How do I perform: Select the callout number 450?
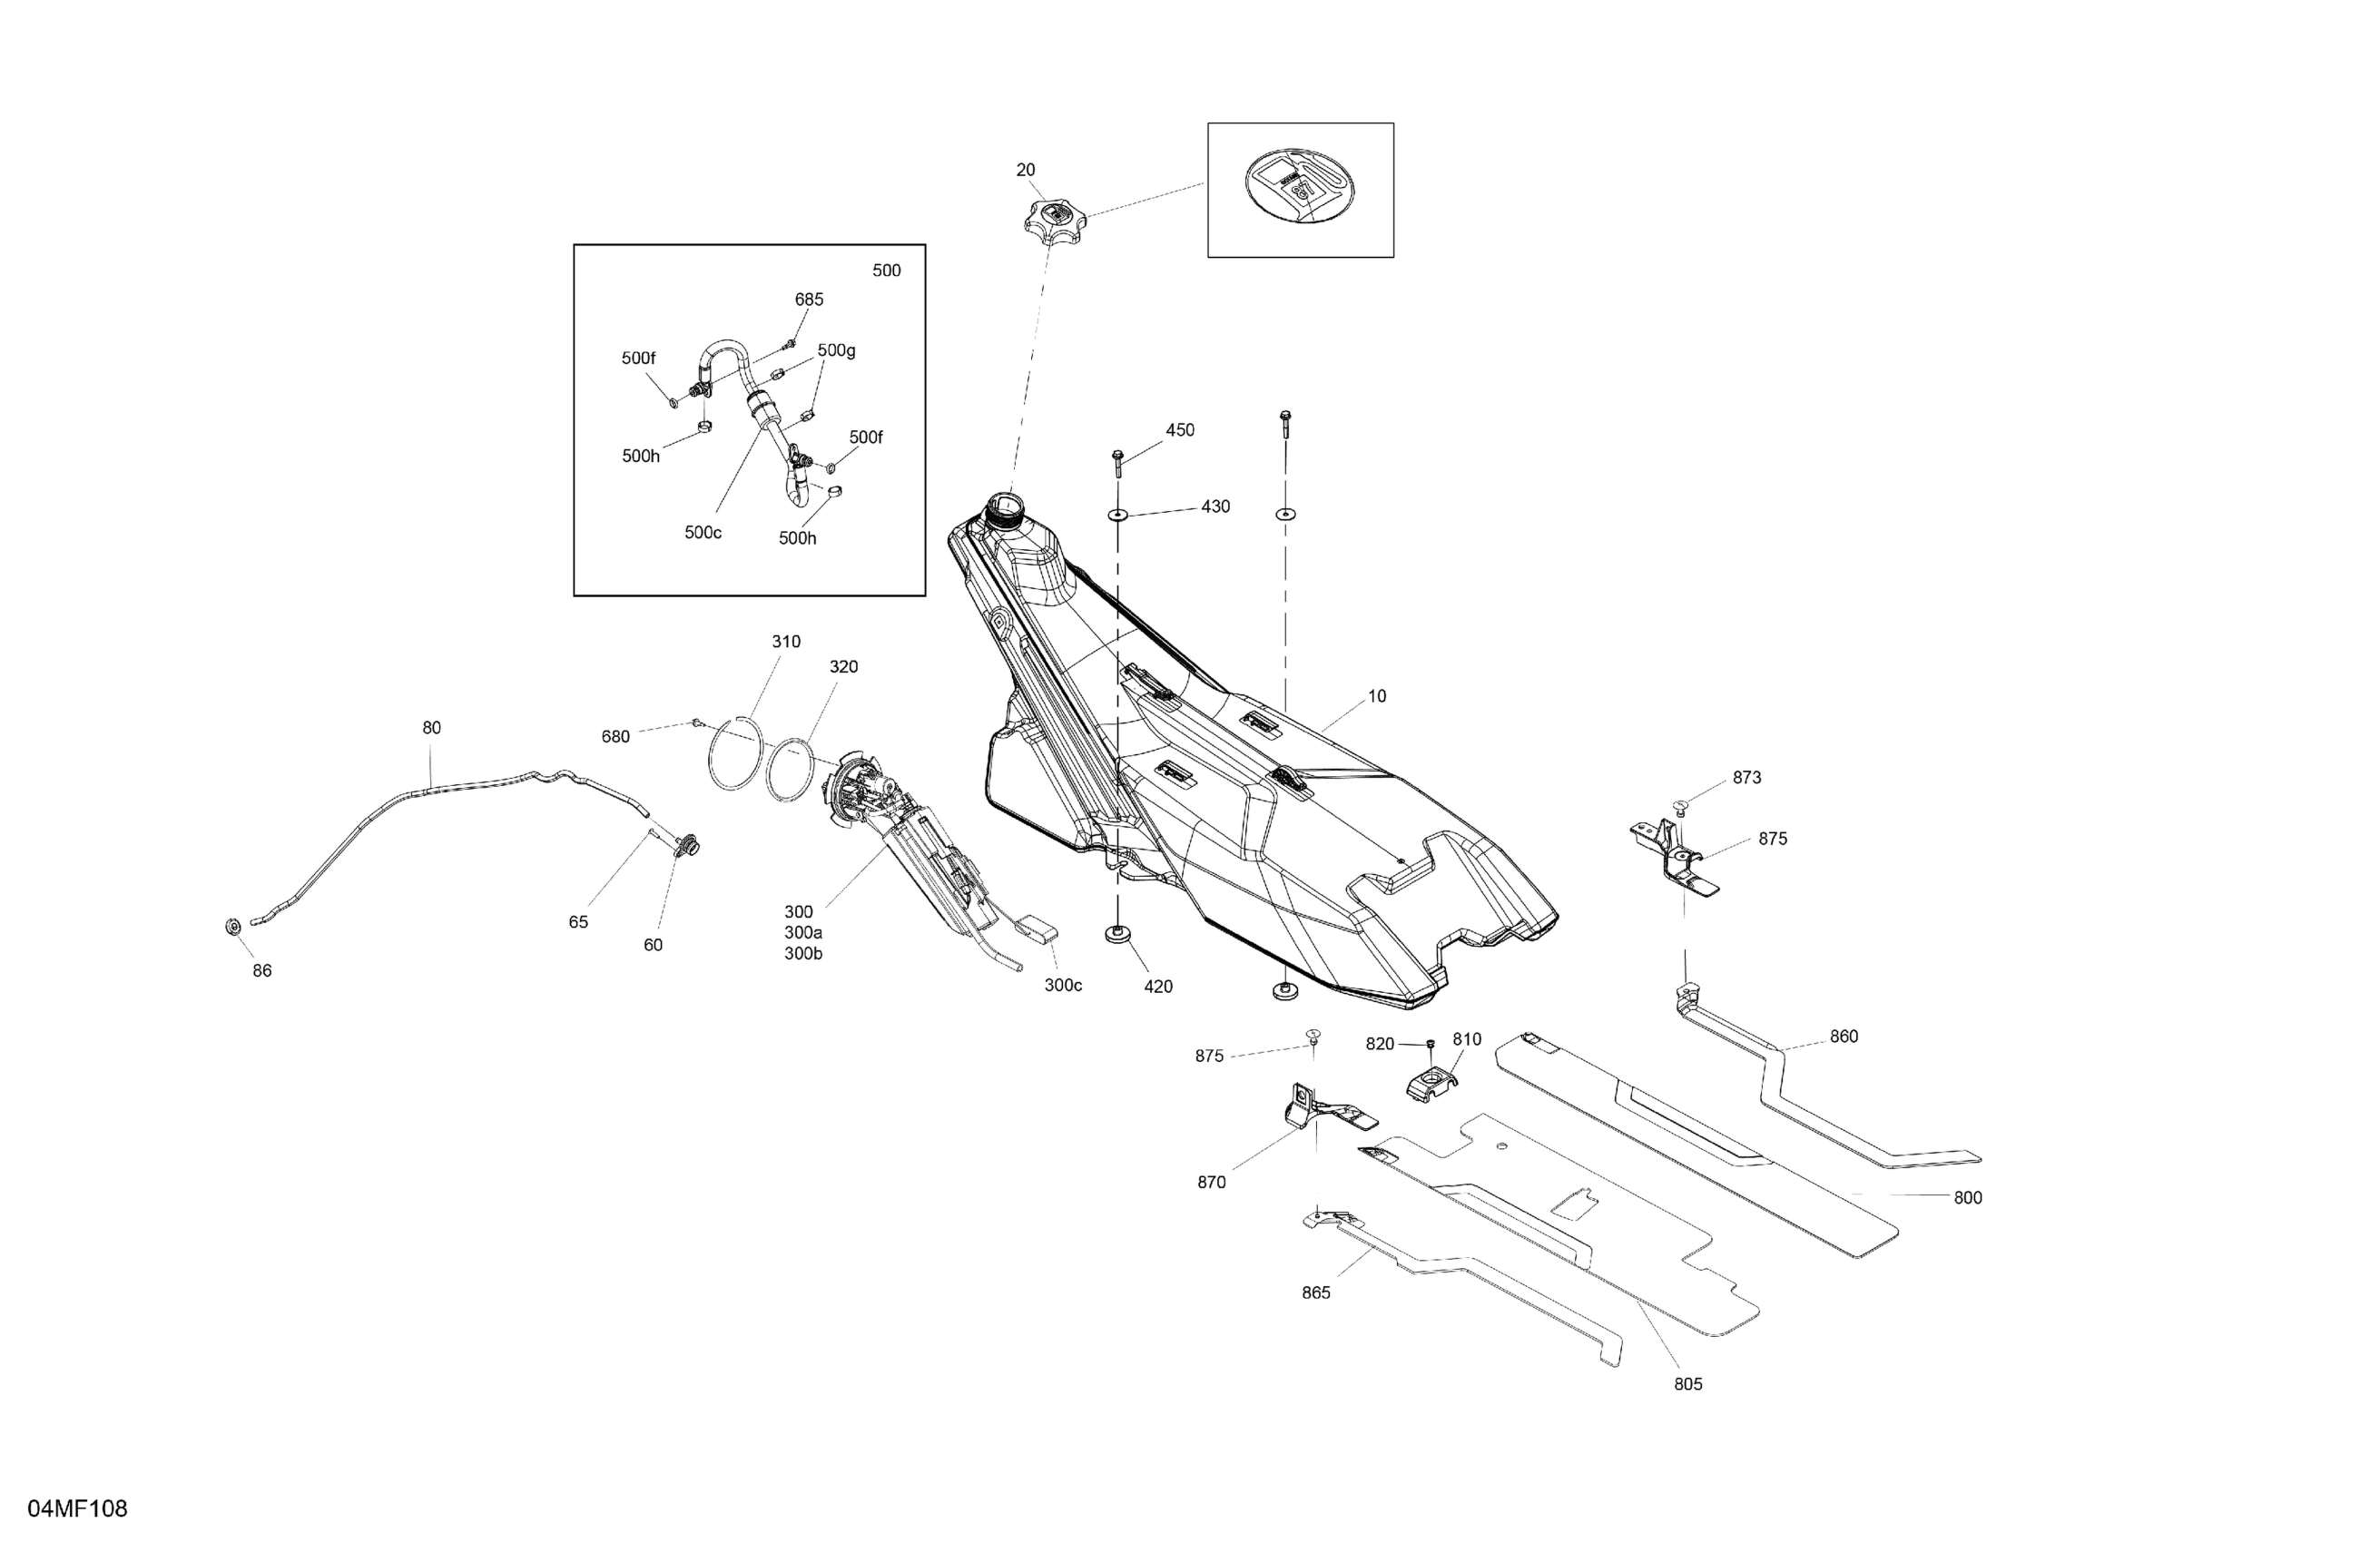(1179, 430)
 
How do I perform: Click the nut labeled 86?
(232, 927)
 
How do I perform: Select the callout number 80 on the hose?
(431, 728)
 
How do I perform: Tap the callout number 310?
(785, 642)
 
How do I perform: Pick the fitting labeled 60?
(685, 847)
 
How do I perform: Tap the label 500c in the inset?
(702, 533)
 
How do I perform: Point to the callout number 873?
(1746, 778)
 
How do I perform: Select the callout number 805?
(1687, 1384)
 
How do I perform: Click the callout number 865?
(1315, 1293)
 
